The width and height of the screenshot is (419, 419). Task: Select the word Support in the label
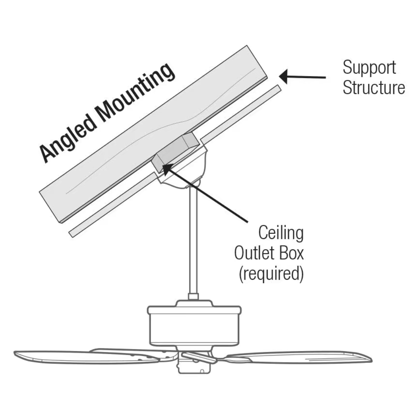[x=369, y=68]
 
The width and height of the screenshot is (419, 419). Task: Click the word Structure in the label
[x=374, y=88]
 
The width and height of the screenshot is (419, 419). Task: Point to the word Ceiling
[x=281, y=234]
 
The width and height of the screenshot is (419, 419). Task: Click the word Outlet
[x=254, y=254]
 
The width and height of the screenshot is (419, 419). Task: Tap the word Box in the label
[x=291, y=254]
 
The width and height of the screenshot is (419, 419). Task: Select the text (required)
[x=270, y=274]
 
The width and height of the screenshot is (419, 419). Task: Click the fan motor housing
[x=194, y=326]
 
